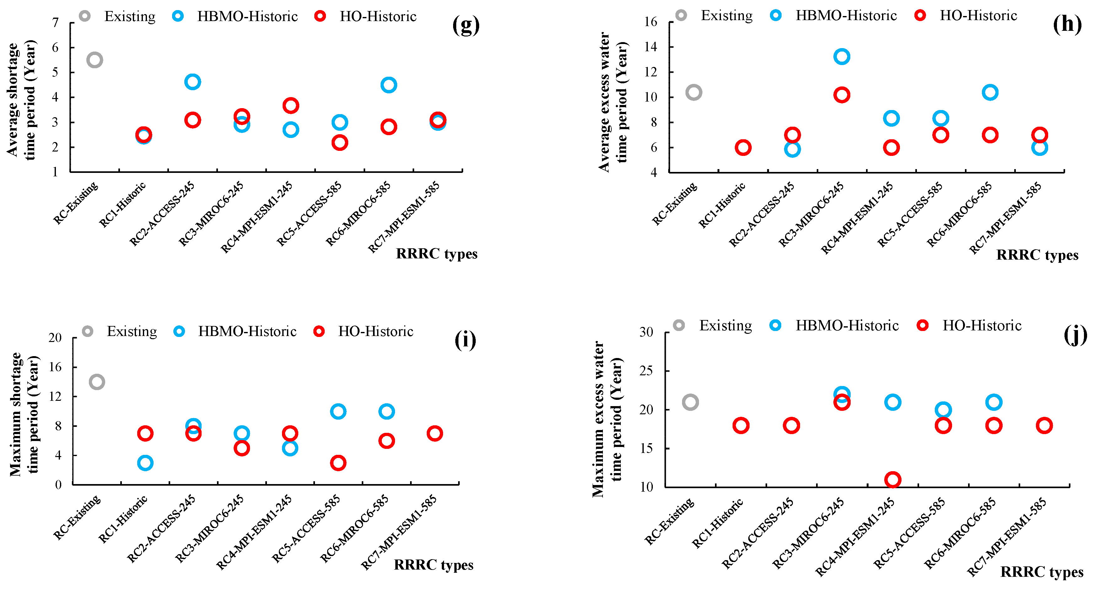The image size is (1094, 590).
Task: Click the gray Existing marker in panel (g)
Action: coord(94,60)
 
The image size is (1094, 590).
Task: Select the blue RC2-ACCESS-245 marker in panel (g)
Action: coord(192,82)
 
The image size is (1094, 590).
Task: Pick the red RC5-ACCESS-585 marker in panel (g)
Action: coord(339,142)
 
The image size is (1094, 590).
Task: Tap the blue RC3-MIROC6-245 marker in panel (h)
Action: coord(841,57)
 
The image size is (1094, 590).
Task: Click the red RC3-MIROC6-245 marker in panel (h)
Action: coord(841,95)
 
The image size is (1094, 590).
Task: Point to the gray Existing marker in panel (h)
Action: coord(694,92)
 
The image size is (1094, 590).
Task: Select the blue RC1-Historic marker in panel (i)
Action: coord(145,463)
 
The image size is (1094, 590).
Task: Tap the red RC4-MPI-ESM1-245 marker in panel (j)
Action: coord(892,479)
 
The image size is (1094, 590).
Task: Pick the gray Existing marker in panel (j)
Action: coord(690,402)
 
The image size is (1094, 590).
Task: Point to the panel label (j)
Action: coord(1075,336)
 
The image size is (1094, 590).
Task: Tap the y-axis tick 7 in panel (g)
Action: coord(55,23)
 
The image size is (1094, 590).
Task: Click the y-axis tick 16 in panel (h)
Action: coord(650,22)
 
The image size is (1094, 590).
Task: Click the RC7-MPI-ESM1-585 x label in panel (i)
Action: coord(399,532)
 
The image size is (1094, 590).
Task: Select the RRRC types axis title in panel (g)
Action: coord(436,254)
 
